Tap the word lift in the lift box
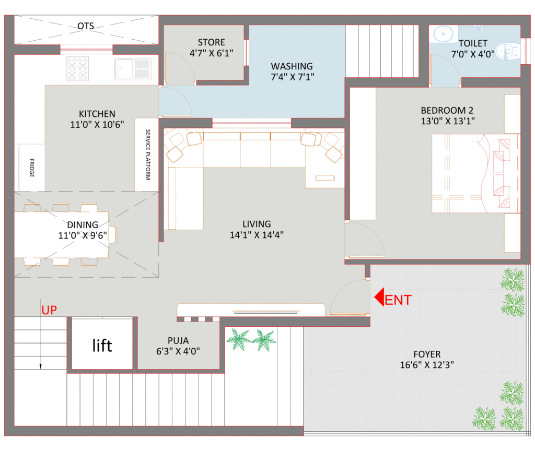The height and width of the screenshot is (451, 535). pyautogui.click(x=102, y=345)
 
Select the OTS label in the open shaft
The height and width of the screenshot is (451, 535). pyautogui.click(x=86, y=26)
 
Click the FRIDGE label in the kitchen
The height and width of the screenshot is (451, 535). pyautogui.click(x=32, y=168)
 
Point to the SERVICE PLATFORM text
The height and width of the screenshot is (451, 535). pyautogui.click(x=148, y=155)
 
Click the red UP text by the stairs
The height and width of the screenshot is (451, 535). pyautogui.click(x=49, y=310)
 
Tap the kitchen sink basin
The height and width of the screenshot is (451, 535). pyautogui.click(x=124, y=68)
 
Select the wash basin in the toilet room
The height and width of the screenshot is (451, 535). pyautogui.click(x=443, y=34)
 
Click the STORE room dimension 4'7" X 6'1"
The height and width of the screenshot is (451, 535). pyautogui.click(x=211, y=53)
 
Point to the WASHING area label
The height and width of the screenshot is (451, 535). pyautogui.click(x=292, y=66)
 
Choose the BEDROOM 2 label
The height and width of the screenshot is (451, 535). pyautogui.click(x=447, y=111)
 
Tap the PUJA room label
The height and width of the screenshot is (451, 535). pyautogui.click(x=178, y=340)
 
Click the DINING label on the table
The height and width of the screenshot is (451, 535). pyautogui.click(x=82, y=225)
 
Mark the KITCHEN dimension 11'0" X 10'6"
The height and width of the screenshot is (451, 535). pyautogui.click(x=97, y=124)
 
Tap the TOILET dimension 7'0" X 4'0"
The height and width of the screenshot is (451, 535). pyautogui.click(x=472, y=54)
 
